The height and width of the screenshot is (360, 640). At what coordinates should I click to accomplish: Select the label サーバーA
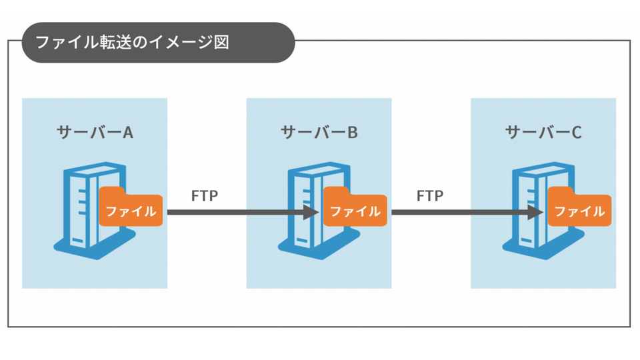click(95, 132)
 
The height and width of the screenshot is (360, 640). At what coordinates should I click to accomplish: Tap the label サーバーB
click(319, 132)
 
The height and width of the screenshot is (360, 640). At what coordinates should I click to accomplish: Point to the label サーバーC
click(543, 132)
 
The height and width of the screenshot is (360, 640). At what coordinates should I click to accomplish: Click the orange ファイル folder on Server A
click(131, 211)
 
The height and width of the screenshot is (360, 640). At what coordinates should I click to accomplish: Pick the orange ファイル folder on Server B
click(355, 211)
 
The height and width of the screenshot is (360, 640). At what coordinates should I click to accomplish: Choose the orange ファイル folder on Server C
click(579, 211)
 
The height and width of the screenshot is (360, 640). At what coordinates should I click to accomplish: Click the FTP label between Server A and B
click(205, 196)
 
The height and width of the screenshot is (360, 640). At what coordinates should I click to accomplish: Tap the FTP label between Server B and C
click(429, 196)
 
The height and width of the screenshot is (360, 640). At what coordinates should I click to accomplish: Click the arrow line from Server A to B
click(233, 213)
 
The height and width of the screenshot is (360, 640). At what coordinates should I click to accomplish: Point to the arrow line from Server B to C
click(460, 213)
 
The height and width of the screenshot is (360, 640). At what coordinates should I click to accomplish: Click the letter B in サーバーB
click(352, 132)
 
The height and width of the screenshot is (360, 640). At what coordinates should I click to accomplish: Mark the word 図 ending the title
click(221, 43)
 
